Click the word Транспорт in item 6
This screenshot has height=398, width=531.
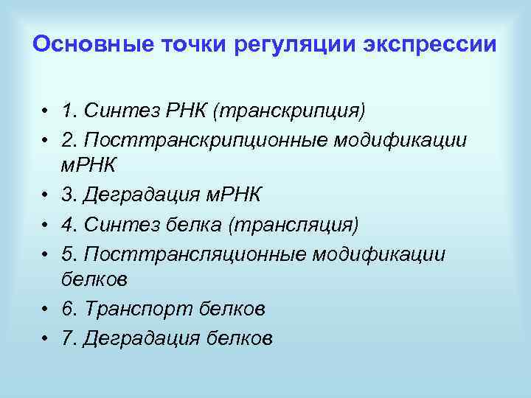click(140, 309)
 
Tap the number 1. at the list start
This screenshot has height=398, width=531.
click(70, 111)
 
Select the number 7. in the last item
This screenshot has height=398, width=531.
click(70, 338)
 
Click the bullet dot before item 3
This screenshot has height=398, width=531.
click(46, 195)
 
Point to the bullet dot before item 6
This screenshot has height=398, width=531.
click(46, 309)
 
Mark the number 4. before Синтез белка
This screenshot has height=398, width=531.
click(70, 223)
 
